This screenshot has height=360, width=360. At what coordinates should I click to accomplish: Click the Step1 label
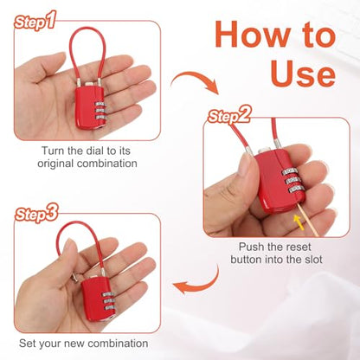(x=35, y=21)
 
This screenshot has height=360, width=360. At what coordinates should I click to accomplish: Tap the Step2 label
(x=229, y=115)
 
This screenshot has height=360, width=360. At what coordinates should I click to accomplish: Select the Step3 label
(x=36, y=214)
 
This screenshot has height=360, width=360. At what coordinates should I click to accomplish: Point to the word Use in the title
(x=303, y=73)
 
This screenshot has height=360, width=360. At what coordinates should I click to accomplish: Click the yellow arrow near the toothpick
(x=299, y=222)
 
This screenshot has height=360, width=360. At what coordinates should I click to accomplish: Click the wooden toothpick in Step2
(x=307, y=221)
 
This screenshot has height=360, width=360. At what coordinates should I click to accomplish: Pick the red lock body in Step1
(x=89, y=106)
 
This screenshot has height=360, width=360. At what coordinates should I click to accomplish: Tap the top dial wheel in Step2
(x=290, y=171)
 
